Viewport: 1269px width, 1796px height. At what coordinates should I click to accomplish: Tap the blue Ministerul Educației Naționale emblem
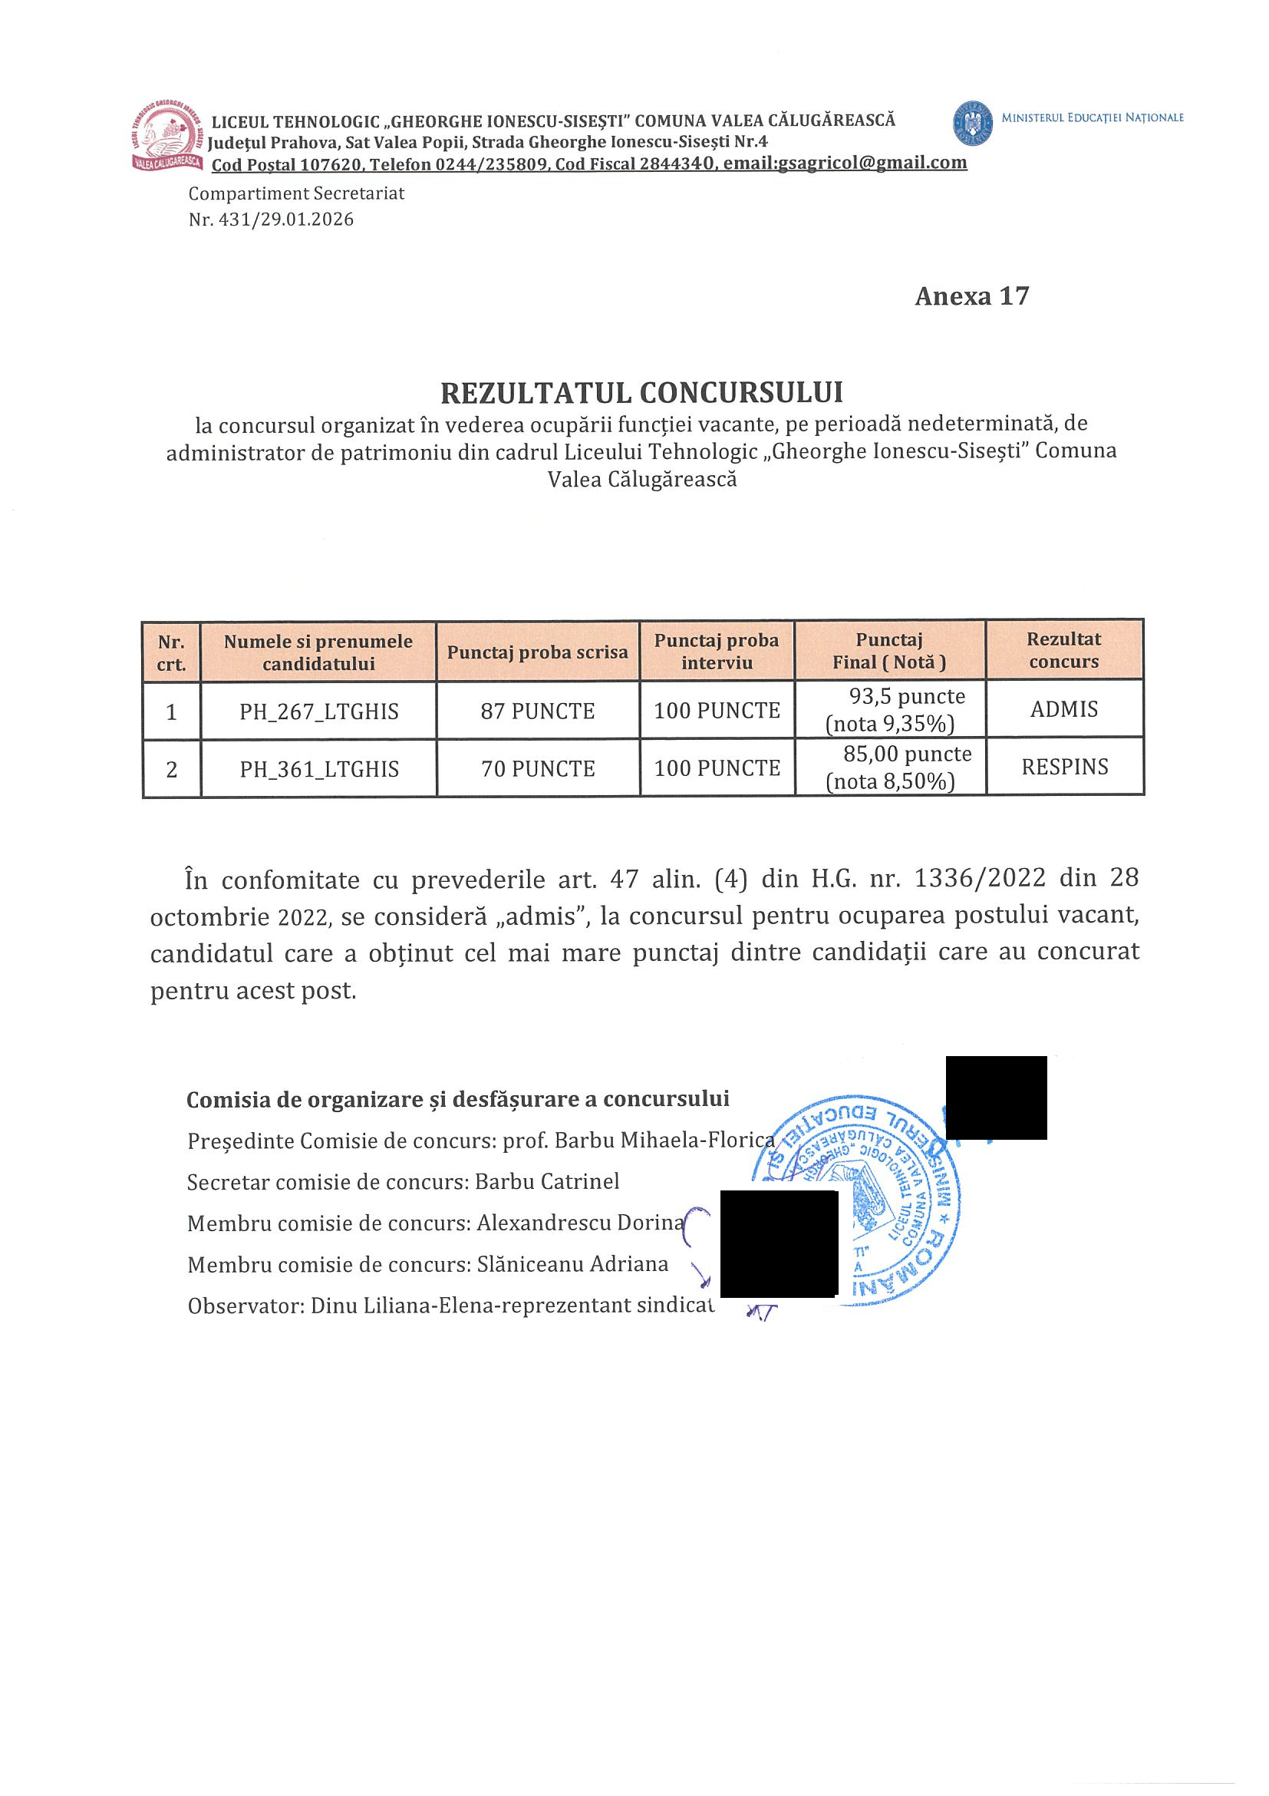tap(973, 122)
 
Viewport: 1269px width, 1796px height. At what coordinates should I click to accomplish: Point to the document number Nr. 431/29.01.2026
tap(271, 220)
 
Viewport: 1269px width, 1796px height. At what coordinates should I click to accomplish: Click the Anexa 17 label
tap(971, 296)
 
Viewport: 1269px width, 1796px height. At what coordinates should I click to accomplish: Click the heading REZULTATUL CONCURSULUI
tap(641, 393)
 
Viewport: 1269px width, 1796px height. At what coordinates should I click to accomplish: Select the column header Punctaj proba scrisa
tap(537, 652)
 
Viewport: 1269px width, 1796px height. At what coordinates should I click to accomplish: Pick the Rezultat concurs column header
tap(1063, 650)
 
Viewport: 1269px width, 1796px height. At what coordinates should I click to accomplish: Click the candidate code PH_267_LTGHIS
tap(319, 711)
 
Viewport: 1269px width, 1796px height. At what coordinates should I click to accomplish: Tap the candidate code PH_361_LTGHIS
tap(319, 770)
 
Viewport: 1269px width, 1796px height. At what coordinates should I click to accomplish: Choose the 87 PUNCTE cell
tap(537, 711)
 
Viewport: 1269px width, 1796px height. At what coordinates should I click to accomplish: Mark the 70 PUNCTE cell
tap(537, 769)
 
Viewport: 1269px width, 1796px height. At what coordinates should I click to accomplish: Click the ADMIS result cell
tap(1063, 709)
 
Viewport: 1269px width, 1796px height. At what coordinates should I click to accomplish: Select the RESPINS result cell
tap(1064, 768)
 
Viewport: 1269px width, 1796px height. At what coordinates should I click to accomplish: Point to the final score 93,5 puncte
tap(906, 696)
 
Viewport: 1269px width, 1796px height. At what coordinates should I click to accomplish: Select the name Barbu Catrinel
tap(546, 1181)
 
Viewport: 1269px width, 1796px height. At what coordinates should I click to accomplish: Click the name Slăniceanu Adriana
tap(572, 1264)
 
